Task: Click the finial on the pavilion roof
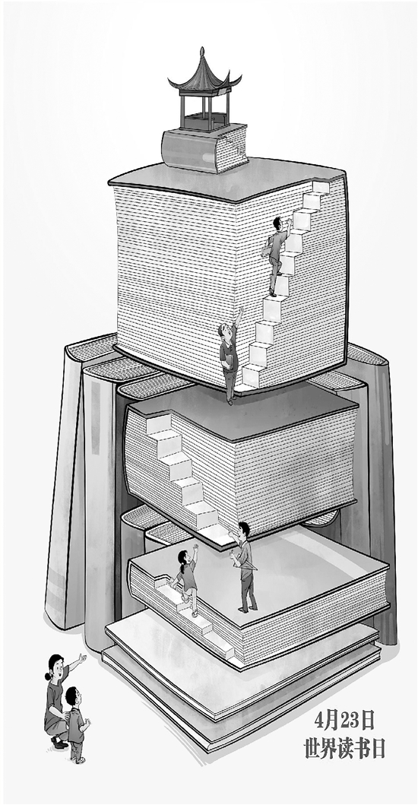(x=202, y=52)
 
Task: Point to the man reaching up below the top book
(x=230, y=355)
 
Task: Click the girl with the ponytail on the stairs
(x=186, y=579)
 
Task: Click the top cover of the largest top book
(x=226, y=178)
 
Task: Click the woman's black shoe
(x=59, y=743)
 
